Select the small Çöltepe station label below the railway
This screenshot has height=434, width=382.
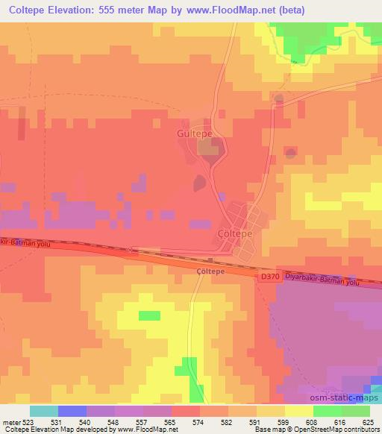210,273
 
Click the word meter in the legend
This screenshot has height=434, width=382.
10,422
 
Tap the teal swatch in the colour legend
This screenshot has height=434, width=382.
44,411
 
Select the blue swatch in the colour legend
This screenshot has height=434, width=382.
72,411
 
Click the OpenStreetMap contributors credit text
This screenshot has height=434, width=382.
336,430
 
